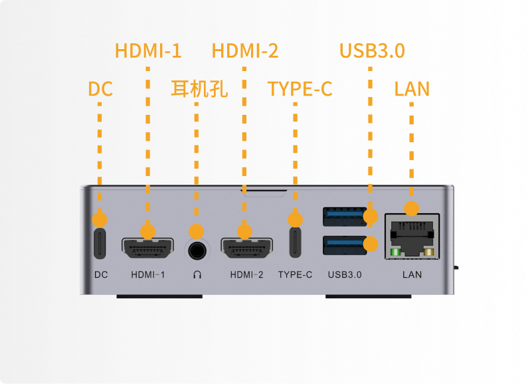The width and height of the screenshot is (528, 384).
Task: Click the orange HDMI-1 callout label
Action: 148,51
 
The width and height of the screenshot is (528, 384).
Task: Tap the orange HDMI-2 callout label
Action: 245,51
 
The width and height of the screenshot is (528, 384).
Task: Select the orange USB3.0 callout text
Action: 372,51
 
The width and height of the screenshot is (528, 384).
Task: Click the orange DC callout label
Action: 100,89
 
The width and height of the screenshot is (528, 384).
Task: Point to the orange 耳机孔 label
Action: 199,89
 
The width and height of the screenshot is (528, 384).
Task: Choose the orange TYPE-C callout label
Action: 300,89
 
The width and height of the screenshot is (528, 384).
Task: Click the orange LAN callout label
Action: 412,89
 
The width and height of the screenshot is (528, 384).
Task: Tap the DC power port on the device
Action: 100,244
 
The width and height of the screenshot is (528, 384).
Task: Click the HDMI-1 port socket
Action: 147,248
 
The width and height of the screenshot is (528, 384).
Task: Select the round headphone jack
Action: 197,251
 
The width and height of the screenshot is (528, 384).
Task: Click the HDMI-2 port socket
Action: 246,248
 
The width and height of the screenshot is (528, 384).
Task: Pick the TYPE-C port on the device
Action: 296,242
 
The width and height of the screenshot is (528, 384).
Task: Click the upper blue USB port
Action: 345,217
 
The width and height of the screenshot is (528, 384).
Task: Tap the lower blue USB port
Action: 345,245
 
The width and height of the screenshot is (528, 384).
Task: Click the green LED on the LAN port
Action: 395,252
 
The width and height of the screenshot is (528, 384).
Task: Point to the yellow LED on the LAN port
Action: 429,252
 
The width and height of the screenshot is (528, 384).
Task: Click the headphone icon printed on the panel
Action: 197,274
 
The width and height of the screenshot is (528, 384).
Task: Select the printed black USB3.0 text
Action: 345,274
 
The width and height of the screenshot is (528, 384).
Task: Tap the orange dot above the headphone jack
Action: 197,232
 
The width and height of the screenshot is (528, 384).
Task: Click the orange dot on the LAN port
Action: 412,209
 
